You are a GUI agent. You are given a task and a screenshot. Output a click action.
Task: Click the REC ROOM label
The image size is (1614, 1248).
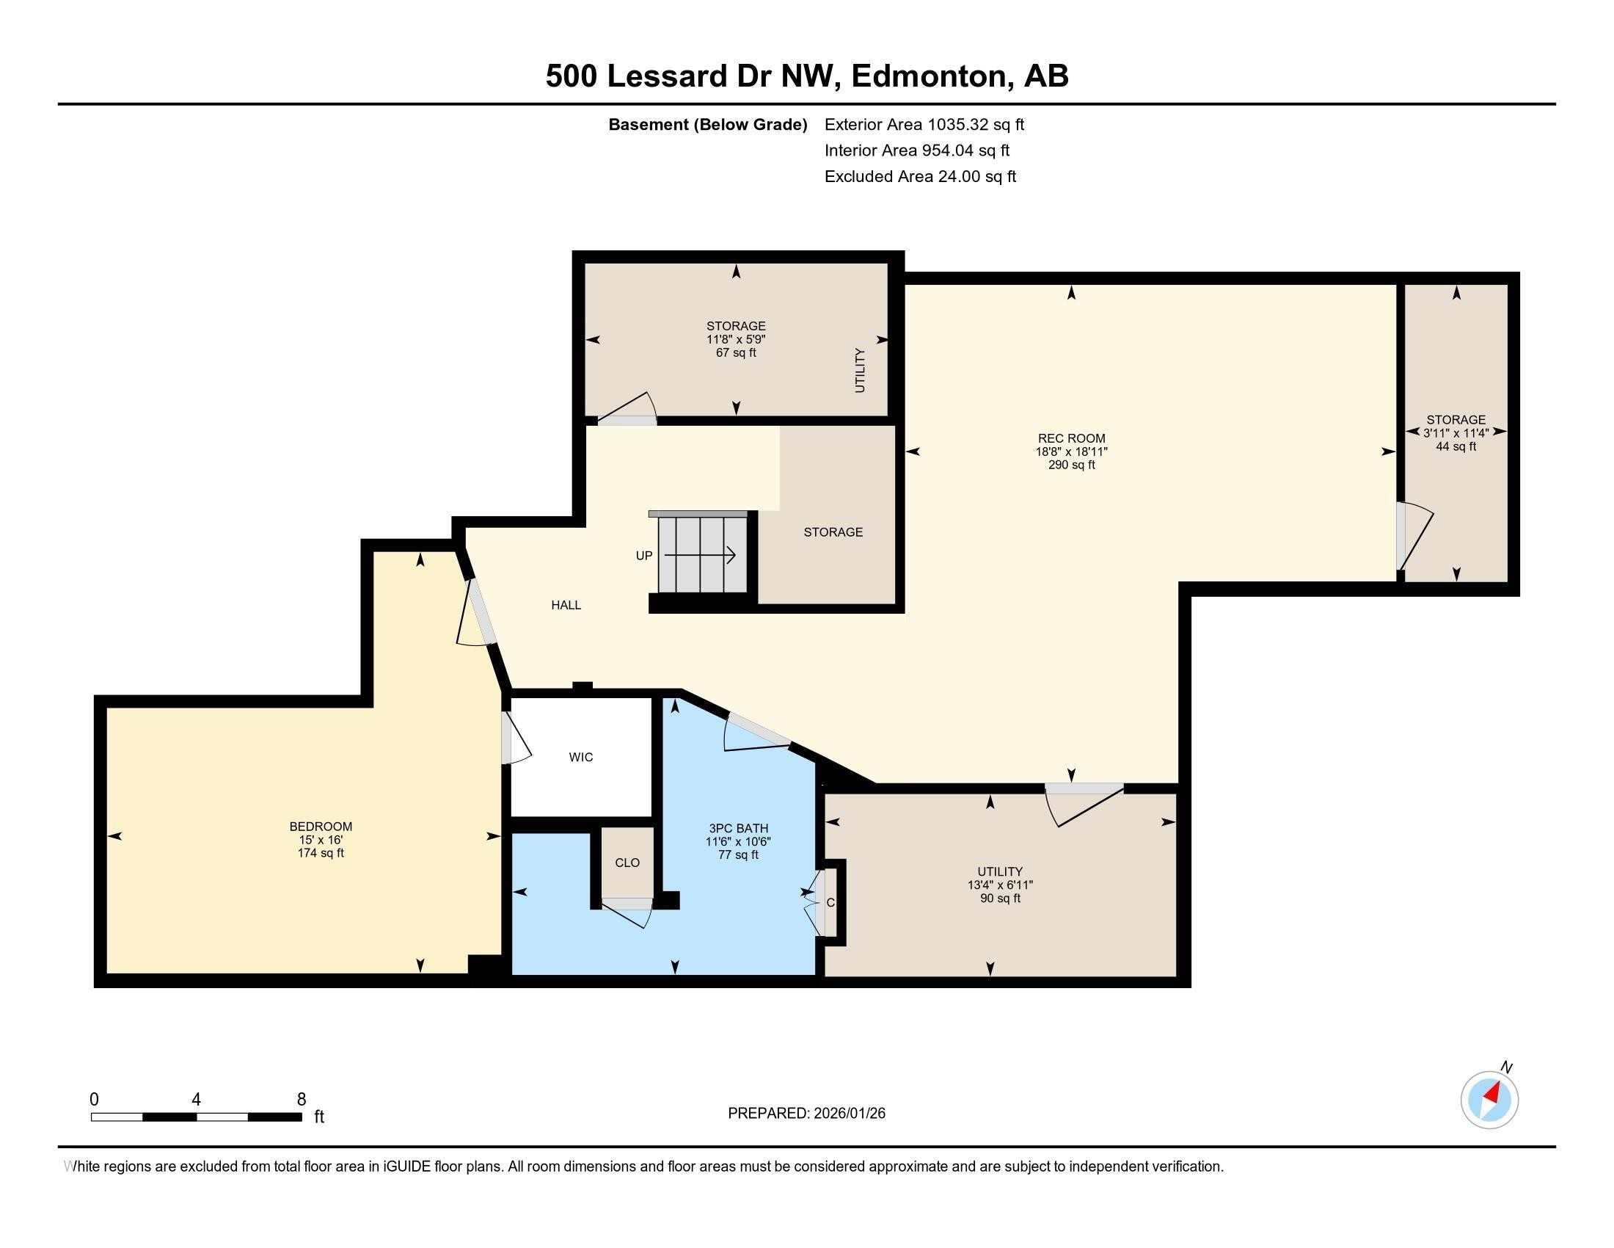[1071, 438]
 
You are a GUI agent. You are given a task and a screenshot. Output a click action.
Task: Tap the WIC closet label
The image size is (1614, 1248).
[581, 757]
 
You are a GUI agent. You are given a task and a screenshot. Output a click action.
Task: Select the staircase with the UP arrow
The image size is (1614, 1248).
[702, 554]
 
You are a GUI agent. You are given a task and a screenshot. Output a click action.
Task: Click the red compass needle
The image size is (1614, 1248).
[1493, 1094]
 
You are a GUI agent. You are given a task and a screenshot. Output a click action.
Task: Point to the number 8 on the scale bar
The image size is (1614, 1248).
[302, 1100]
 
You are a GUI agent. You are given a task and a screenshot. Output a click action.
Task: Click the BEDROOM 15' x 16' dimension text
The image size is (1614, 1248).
[320, 840]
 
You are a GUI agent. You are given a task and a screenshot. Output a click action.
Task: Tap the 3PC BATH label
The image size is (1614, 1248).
[738, 828]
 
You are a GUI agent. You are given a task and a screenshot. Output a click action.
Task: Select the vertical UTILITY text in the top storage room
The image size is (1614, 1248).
[860, 371]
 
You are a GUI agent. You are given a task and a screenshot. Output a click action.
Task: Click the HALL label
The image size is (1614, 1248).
[566, 605]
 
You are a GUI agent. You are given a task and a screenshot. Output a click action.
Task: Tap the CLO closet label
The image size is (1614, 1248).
[627, 863]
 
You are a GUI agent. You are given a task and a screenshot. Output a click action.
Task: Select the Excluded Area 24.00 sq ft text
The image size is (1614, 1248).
[920, 177]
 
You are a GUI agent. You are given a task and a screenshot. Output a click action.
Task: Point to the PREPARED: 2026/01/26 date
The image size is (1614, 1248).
[806, 1114]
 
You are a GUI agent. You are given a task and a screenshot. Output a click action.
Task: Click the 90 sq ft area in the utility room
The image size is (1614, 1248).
[1000, 899]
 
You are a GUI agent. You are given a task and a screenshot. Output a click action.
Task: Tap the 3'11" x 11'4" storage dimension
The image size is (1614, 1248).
[1456, 433]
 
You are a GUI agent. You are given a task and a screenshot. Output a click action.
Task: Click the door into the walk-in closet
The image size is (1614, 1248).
[515, 739]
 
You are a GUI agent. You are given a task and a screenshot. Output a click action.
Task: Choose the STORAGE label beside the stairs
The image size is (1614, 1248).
[833, 532]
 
